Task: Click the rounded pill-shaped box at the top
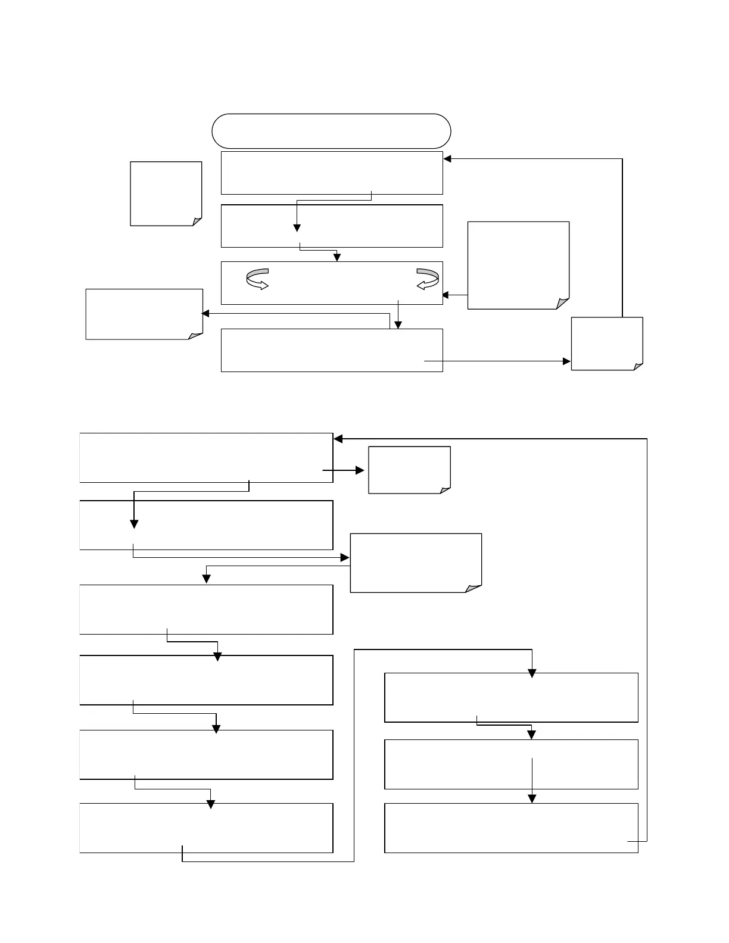click(331, 131)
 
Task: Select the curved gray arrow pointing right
click(257, 279)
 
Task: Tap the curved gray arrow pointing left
click(428, 279)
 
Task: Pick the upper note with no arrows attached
click(166, 193)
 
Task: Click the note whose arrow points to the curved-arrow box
click(518, 265)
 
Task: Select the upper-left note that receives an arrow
click(144, 314)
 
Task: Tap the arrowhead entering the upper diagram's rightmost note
click(566, 361)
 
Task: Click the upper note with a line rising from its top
click(606, 344)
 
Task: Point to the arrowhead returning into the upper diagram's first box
click(448, 159)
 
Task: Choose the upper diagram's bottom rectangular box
click(332, 350)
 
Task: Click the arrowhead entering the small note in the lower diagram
click(360, 470)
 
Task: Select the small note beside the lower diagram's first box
click(409, 470)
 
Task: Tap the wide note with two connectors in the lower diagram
click(415, 563)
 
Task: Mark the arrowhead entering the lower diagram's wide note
click(345, 558)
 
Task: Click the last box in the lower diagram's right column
click(511, 828)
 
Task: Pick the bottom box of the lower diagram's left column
click(206, 828)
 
